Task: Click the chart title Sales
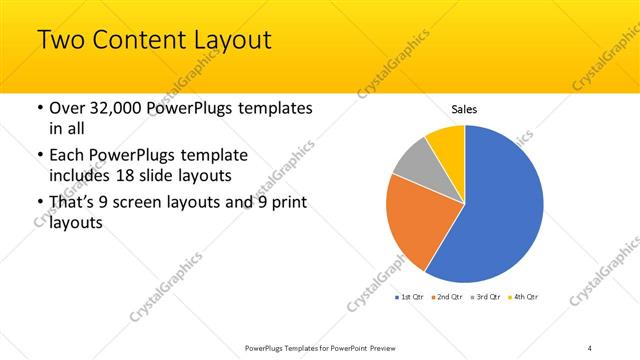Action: [x=464, y=108]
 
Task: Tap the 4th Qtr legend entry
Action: [x=525, y=297]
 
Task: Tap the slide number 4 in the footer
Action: [x=590, y=347]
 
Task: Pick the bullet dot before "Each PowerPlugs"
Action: [x=39, y=155]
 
